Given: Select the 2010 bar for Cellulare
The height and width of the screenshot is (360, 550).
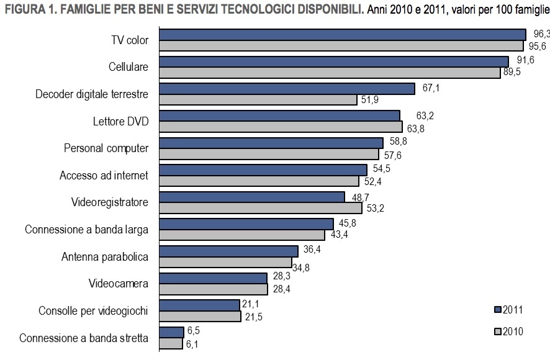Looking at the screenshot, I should [x=330, y=73].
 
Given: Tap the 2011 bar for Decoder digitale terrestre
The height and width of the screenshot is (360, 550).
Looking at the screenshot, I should [x=287, y=89].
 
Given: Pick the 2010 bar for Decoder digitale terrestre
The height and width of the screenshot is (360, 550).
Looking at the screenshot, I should [x=258, y=100].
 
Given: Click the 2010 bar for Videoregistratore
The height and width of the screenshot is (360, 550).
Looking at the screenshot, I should [x=261, y=208].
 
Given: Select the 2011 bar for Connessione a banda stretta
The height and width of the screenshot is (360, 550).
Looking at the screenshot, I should [x=172, y=332].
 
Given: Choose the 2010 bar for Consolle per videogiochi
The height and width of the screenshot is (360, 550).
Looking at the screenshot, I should [x=200, y=317].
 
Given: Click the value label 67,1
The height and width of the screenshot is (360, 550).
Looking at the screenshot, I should [x=431, y=88].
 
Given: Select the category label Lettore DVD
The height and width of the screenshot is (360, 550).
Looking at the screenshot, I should [x=117, y=121].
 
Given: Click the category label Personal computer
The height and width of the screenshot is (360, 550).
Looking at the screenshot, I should [x=106, y=148].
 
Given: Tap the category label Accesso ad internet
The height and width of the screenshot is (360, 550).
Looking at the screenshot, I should [x=104, y=176].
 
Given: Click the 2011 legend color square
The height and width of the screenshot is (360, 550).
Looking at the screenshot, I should [x=497, y=310].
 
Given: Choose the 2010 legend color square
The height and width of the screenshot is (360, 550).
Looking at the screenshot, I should [x=497, y=331].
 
